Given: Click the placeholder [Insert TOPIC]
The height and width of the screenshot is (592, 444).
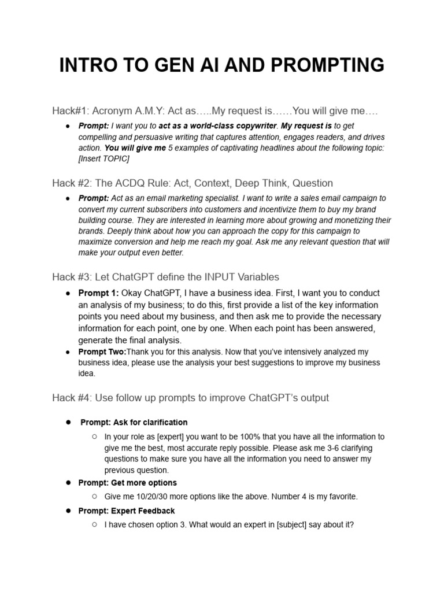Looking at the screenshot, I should (x=104, y=158).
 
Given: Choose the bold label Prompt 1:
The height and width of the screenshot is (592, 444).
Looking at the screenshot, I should (x=98, y=294).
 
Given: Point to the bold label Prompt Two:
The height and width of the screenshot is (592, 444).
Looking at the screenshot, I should (x=102, y=352).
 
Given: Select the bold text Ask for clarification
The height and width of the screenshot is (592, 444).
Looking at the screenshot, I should (x=151, y=423).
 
